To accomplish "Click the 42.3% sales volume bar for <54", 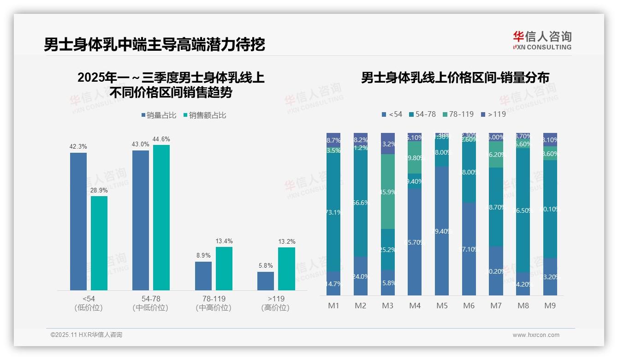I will [x=78, y=221].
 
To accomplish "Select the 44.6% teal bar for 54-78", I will [x=161, y=217].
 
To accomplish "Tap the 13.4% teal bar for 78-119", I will [x=224, y=268].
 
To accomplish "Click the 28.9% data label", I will [x=99, y=190].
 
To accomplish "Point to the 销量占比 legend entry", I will [x=159, y=115].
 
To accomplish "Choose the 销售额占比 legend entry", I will [x=205, y=115].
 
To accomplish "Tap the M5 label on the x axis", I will [x=442, y=306].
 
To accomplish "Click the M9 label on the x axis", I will [x=550, y=306].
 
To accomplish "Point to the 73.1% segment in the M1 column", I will [x=333, y=212].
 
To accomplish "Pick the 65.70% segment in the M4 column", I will [x=415, y=242].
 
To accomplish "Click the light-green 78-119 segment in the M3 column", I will [x=388, y=192].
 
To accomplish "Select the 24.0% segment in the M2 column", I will [x=361, y=276].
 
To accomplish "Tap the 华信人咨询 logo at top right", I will [x=542, y=40].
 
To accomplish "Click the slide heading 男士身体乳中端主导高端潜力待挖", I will [x=154, y=44].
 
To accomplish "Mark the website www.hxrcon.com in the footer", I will [x=536, y=335].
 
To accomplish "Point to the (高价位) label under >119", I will [x=275, y=308].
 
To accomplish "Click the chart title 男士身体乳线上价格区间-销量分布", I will [x=455, y=78].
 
